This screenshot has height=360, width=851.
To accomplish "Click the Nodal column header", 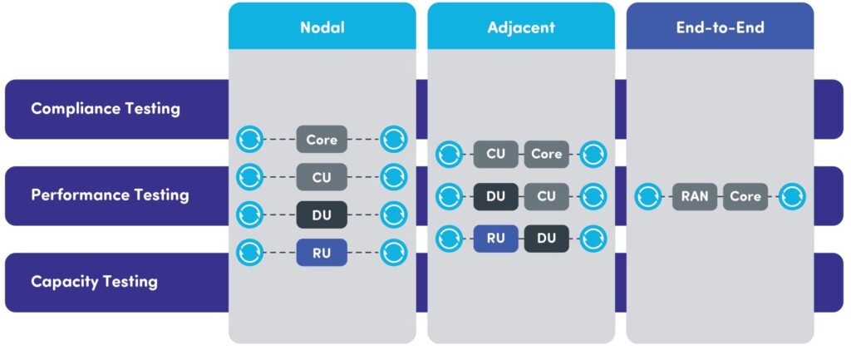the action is (x=322, y=27).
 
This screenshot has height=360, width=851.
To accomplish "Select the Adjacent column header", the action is (x=521, y=27).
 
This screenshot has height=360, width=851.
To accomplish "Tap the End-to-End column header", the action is (x=721, y=27).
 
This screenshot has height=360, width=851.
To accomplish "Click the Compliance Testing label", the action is (x=106, y=109).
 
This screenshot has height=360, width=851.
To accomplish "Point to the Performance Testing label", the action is (x=111, y=195).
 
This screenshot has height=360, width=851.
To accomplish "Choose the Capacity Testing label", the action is (x=95, y=282).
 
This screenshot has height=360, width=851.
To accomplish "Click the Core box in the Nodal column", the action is (x=322, y=140).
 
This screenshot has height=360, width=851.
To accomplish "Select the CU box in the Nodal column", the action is (x=322, y=177).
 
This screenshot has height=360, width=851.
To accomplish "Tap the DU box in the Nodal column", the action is (x=322, y=215).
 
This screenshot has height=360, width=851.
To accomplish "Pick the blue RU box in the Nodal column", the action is (x=322, y=253).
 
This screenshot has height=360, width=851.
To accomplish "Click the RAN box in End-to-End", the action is (x=696, y=196).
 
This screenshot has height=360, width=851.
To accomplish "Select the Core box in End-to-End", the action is (x=745, y=196).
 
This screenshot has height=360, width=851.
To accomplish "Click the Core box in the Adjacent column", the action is (x=547, y=154).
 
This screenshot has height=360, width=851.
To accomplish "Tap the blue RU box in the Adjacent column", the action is (x=496, y=239).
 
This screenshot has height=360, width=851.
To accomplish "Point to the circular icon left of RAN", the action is (x=648, y=196).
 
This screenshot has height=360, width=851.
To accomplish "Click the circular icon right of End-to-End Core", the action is (x=792, y=196).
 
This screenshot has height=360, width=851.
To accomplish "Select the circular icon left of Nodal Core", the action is (x=250, y=140).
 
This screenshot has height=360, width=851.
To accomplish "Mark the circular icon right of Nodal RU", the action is (x=393, y=253).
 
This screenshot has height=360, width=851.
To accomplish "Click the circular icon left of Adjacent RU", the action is (x=450, y=239).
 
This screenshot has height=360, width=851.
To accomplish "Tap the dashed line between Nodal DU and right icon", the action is (x=364, y=215).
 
